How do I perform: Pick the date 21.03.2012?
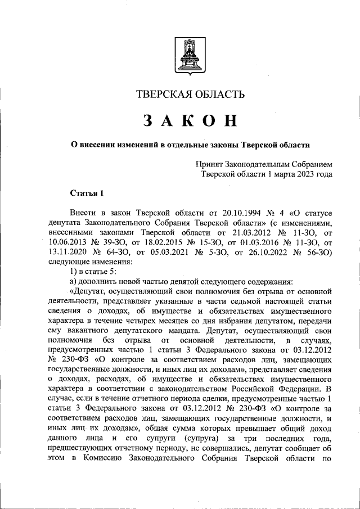[245, 232]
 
